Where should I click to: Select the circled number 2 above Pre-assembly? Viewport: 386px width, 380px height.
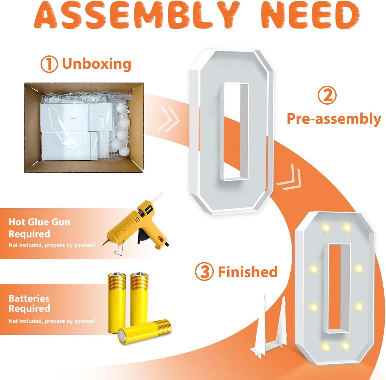pos(327,96)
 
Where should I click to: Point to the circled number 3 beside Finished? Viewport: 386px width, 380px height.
pos(204,272)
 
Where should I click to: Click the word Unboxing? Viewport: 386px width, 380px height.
pos(97,64)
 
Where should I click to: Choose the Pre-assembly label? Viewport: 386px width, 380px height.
pos(334,119)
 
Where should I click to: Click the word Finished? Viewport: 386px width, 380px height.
pos(248,272)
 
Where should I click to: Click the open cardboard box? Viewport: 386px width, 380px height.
pos(84,128)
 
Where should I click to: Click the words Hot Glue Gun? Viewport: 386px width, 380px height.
pos(40,222)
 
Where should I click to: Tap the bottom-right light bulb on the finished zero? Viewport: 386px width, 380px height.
pos(346,346)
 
